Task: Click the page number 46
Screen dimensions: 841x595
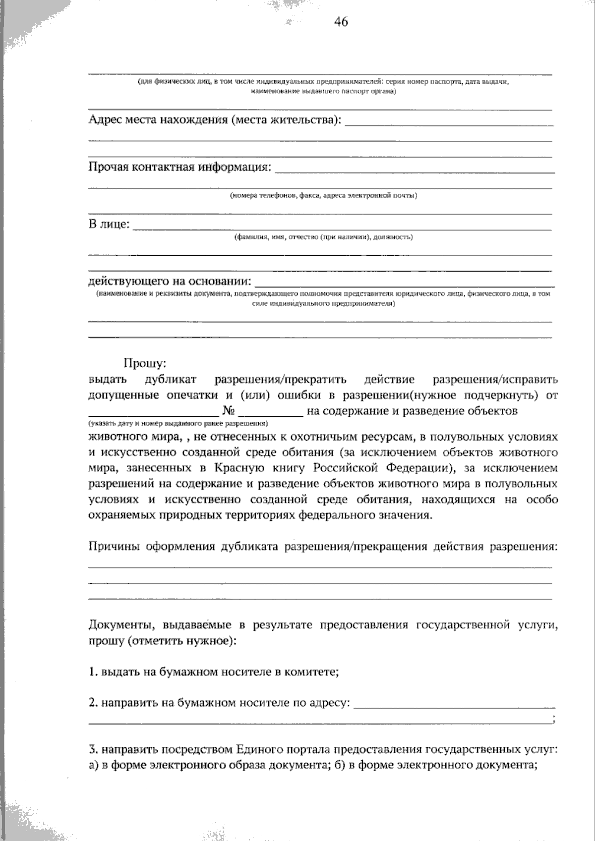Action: point(341,22)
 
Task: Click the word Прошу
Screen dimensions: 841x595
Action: point(143,364)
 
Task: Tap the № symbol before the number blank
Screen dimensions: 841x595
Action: point(229,411)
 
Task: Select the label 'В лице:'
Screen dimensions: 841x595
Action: point(110,225)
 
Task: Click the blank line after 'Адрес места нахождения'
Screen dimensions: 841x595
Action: point(449,123)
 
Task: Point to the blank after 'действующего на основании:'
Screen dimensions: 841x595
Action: point(404,284)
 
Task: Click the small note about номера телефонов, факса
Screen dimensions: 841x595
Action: point(323,196)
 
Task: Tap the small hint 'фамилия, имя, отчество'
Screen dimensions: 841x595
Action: point(323,237)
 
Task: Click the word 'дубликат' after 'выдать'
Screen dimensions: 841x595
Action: point(171,380)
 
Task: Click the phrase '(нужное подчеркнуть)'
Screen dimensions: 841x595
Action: point(477,395)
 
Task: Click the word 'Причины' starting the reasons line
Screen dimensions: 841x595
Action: point(113,547)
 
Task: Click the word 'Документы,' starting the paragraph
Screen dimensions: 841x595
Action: point(117,625)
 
